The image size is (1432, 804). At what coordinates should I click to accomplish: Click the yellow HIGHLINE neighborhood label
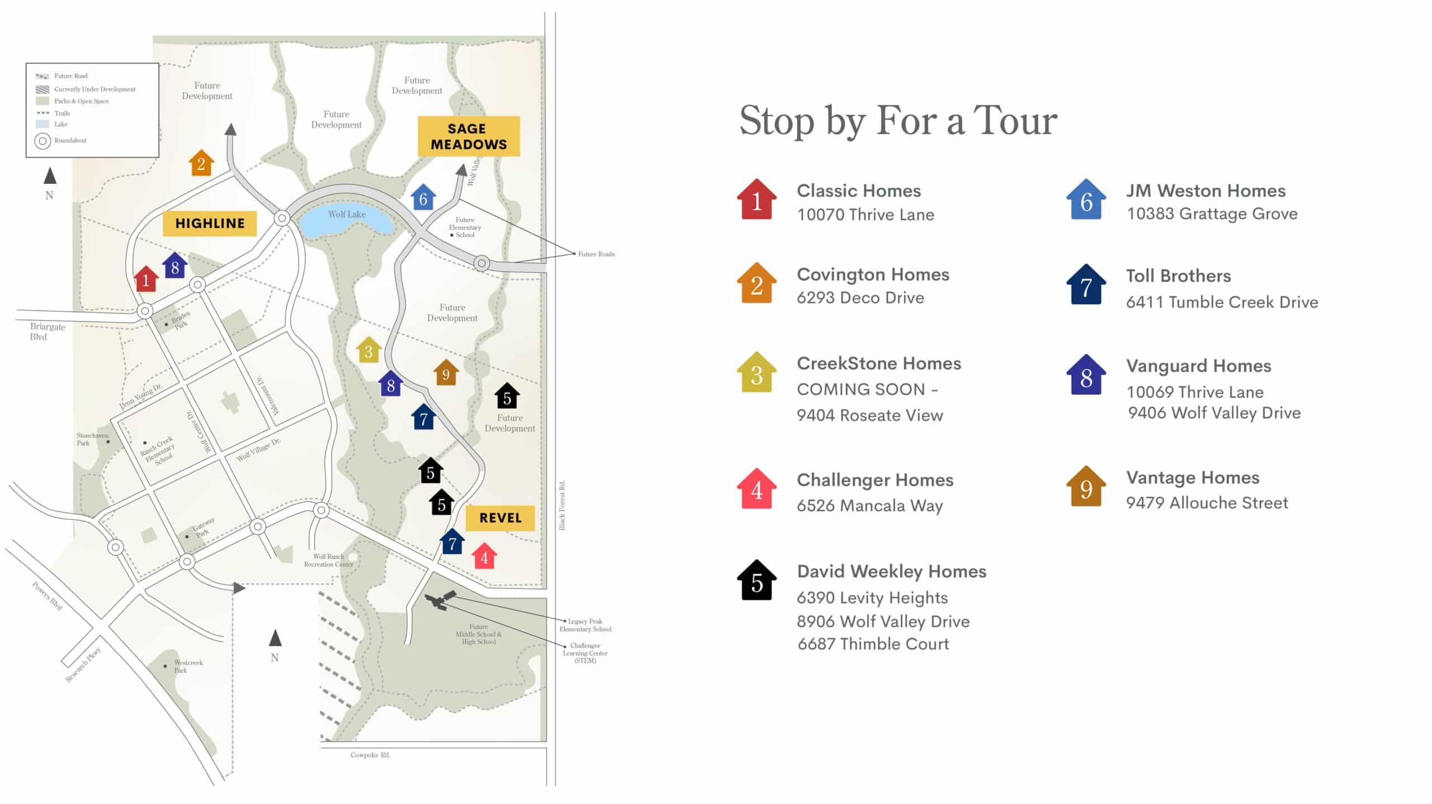click(x=210, y=223)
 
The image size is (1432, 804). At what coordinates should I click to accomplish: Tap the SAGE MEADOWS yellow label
click(x=469, y=136)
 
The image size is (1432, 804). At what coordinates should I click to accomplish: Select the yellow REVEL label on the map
click(x=500, y=518)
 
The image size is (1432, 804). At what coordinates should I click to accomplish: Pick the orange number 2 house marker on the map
click(x=201, y=163)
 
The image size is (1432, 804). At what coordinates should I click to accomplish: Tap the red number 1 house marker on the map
click(x=146, y=279)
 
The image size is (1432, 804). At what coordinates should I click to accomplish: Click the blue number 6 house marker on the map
click(x=423, y=197)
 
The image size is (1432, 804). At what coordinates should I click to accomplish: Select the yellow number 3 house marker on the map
click(x=369, y=350)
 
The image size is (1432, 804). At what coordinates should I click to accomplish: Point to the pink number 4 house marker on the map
click(x=484, y=556)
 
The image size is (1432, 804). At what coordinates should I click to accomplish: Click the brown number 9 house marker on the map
click(x=446, y=373)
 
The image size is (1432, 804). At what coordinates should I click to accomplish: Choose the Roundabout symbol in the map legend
click(x=43, y=141)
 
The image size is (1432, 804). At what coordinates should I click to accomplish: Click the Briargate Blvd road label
click(x=47, y=332)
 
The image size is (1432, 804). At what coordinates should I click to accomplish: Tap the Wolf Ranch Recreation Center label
click(x=328, y=560)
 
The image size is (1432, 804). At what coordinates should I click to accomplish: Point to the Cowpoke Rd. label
click(x=370, y=755)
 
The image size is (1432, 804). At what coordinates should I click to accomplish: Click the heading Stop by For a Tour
click(x=898, y=121)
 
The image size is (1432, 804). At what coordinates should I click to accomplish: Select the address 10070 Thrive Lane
click(x=865, y=215)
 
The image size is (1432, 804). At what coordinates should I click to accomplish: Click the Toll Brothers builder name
click(x=1178, y=276)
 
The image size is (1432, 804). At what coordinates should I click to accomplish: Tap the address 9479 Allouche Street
click(x=1207, y=503)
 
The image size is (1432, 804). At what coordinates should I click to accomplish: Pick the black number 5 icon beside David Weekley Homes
click(x=756, y=581)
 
